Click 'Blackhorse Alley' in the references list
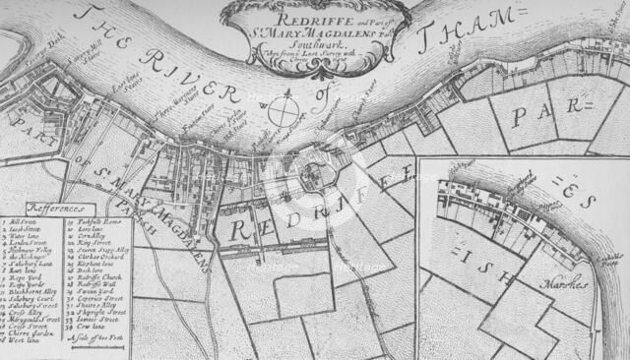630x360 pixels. (x=30, y=290)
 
